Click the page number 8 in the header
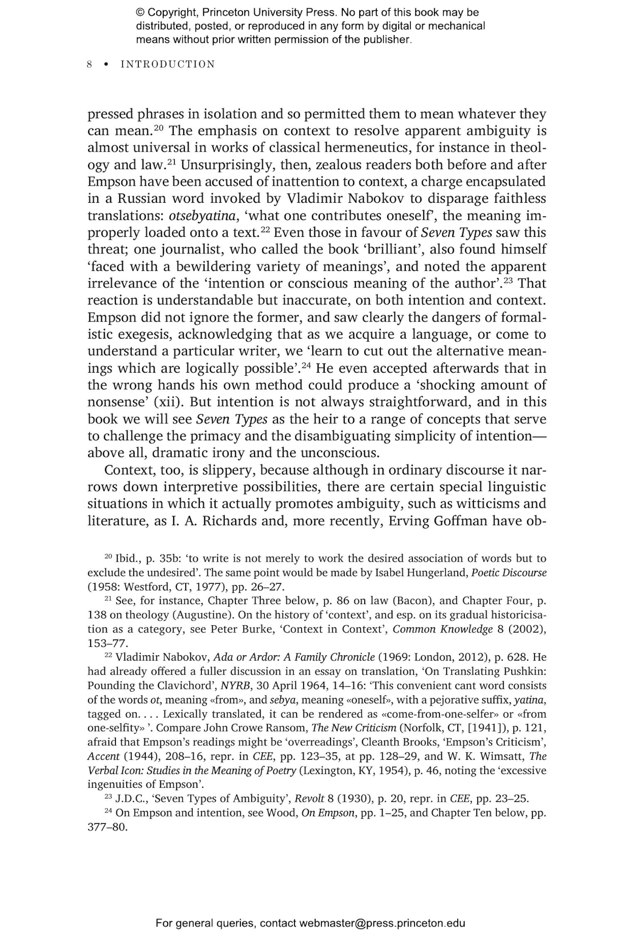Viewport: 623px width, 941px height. click(x=89, y=64)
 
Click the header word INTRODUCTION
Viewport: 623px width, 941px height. click(x=168, y=64)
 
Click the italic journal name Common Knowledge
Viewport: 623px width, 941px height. click(x=443, y=629)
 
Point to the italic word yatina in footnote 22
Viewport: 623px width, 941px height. click(x=529, y=700)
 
